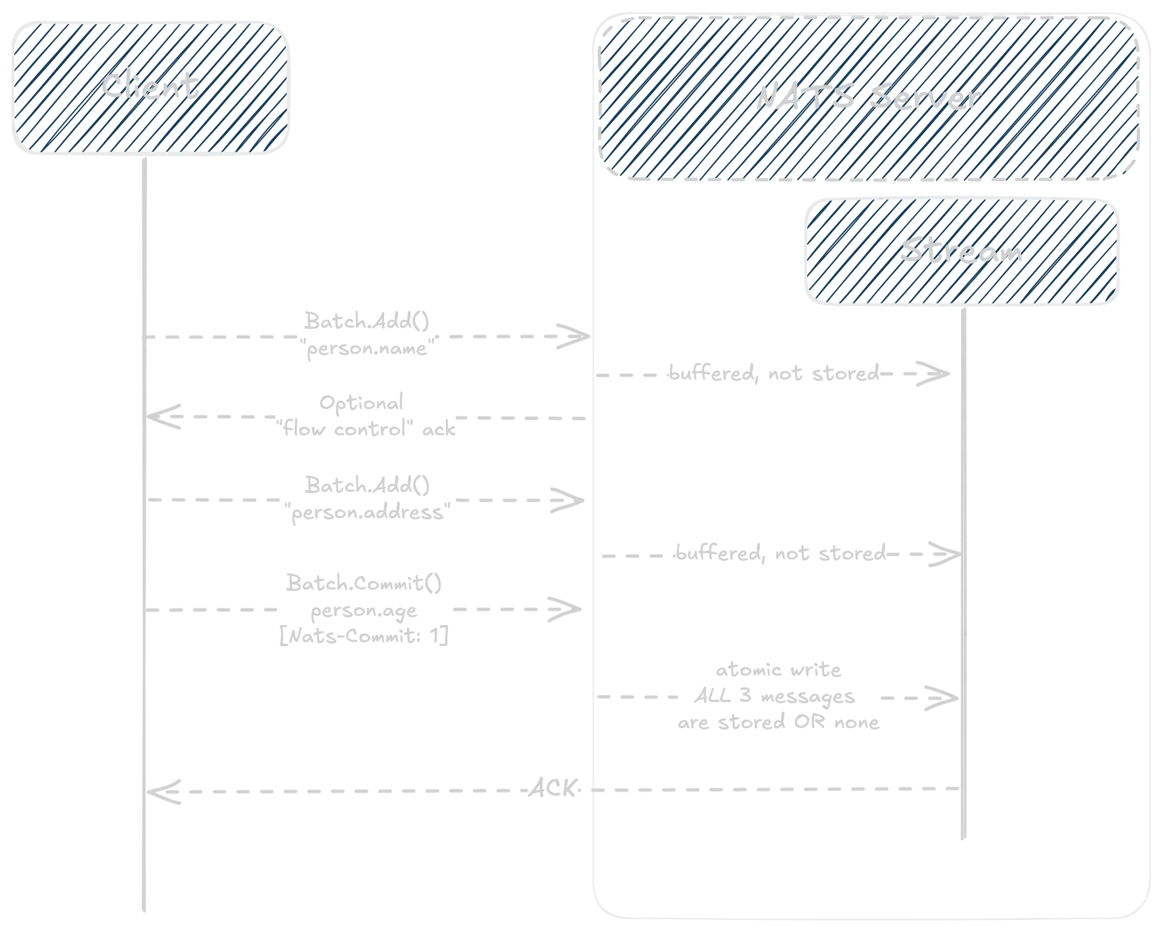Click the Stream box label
click(961, 253)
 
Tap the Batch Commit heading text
click(362, 583)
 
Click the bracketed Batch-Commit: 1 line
click(365, 637)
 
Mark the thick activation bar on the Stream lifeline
click(967, 584)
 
